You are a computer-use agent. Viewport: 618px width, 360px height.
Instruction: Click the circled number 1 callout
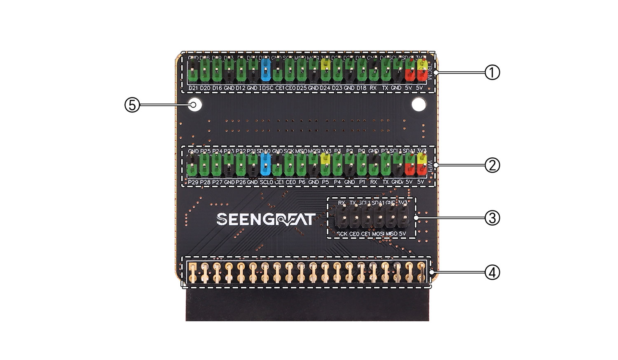[x=492, y=72]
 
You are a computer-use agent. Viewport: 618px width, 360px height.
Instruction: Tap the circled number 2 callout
[x=492, y=166]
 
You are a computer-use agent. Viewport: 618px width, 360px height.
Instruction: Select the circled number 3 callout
[x=492, y=218]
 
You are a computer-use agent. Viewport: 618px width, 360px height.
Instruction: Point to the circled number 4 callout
[x=492, y=272]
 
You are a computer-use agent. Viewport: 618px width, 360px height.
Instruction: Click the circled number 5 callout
[x=132, y=105]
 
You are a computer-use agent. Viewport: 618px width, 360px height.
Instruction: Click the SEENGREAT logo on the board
[x=266, y=219]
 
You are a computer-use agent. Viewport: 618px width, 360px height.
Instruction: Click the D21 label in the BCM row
[x=193, y=88]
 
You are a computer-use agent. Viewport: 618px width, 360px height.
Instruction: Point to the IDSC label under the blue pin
[x=267, y=88]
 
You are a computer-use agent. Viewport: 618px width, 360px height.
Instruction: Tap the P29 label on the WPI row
[x=193, y=182]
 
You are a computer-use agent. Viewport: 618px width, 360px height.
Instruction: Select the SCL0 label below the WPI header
[x=267, y=182]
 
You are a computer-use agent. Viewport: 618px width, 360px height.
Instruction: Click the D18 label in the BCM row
[x=361, y=88]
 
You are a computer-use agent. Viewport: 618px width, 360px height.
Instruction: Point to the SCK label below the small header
[x=342, y=234]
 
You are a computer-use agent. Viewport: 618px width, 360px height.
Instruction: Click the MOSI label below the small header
[x=379, y=234]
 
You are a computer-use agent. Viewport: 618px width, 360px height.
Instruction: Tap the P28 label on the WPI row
[x=205, y=182]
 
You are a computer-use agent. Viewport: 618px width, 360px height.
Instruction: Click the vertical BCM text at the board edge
[x=430, y=73]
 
